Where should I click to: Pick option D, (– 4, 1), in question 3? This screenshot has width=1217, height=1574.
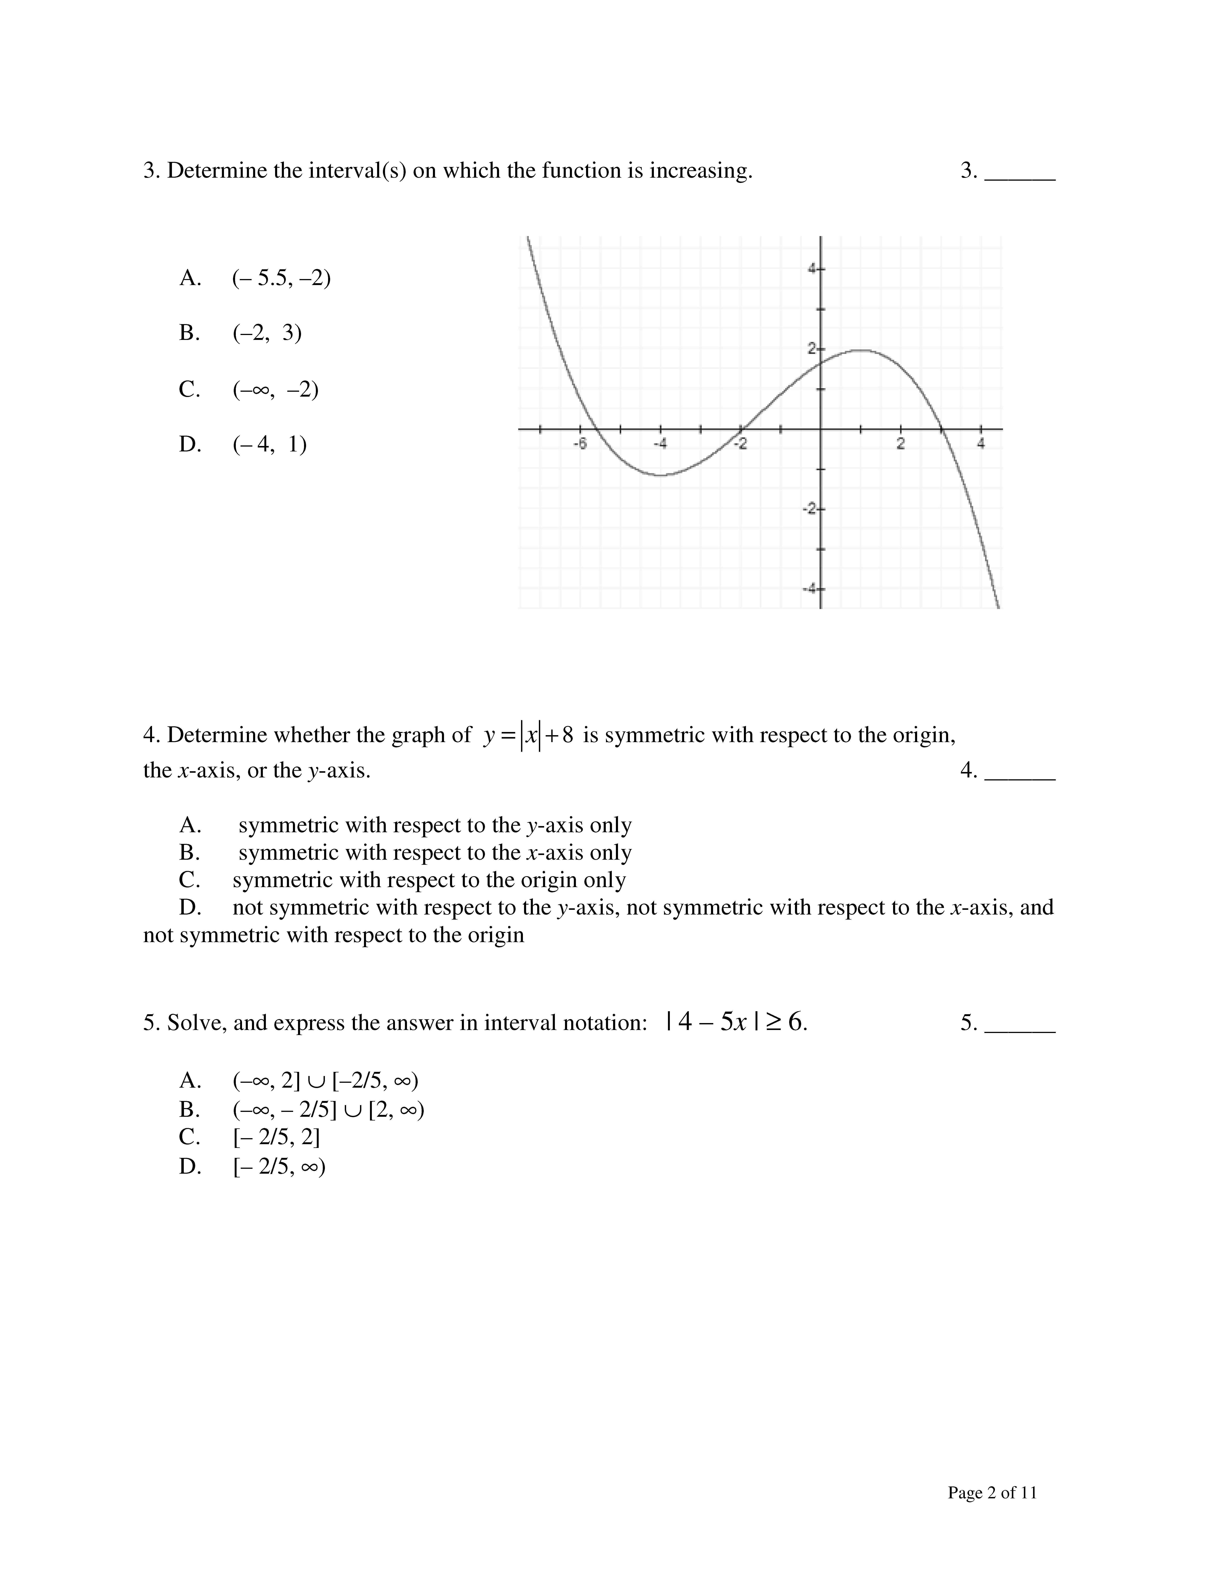pos(269,445)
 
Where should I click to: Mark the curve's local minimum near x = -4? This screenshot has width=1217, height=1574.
pos(660,475)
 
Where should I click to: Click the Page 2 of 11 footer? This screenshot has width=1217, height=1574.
pos(992,1493)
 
